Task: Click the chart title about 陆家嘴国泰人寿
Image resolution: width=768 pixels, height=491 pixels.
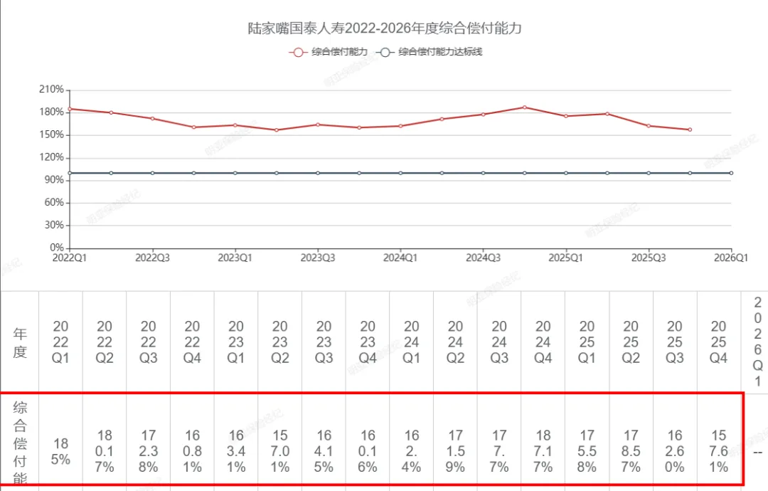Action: [x=385, y=29]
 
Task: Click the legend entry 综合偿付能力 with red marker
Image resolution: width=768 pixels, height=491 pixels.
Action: [x=330, y=52]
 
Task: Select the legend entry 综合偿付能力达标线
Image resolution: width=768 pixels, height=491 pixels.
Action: [x=430, y=52]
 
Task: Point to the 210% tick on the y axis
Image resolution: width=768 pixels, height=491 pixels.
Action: [x=52, y=90]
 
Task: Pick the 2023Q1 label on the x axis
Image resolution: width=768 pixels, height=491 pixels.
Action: [x=235, y=258]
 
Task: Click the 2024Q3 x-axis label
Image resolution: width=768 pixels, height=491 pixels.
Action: [x=483, y=258]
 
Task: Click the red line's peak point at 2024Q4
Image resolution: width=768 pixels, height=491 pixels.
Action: [x=525, y=107]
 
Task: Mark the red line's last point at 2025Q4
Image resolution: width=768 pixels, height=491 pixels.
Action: [x=690, y=130]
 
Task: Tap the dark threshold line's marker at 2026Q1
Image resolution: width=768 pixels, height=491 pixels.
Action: [x=731, y=173]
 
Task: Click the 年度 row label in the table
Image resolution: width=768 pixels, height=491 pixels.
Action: [x=20, y=342]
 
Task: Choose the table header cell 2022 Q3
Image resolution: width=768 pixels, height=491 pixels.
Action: [x=148, y=342]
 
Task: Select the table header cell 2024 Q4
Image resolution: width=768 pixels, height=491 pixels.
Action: [x=543, y=342]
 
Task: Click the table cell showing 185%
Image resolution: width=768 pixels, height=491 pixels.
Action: [x=60, y=451]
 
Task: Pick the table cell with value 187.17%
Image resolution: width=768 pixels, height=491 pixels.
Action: [x=543, y=451]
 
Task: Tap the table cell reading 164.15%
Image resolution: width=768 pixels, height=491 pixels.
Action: [x=324, y=451]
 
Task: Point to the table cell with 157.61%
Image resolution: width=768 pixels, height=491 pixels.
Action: [x=719, y=451]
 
